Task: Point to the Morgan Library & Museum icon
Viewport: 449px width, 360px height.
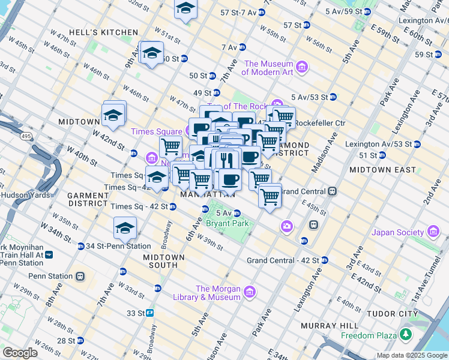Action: [250, 292]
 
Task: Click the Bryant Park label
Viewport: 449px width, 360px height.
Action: [226, 224]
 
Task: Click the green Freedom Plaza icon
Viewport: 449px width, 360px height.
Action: [407, 334]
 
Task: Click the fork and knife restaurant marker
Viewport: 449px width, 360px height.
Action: [226, 160]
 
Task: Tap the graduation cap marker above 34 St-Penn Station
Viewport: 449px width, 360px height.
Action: [125, 228]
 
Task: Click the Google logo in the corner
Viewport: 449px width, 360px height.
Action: [20, 353]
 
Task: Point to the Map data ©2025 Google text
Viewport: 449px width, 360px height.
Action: [411, 355]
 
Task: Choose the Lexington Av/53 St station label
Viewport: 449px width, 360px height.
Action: [378, 144]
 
